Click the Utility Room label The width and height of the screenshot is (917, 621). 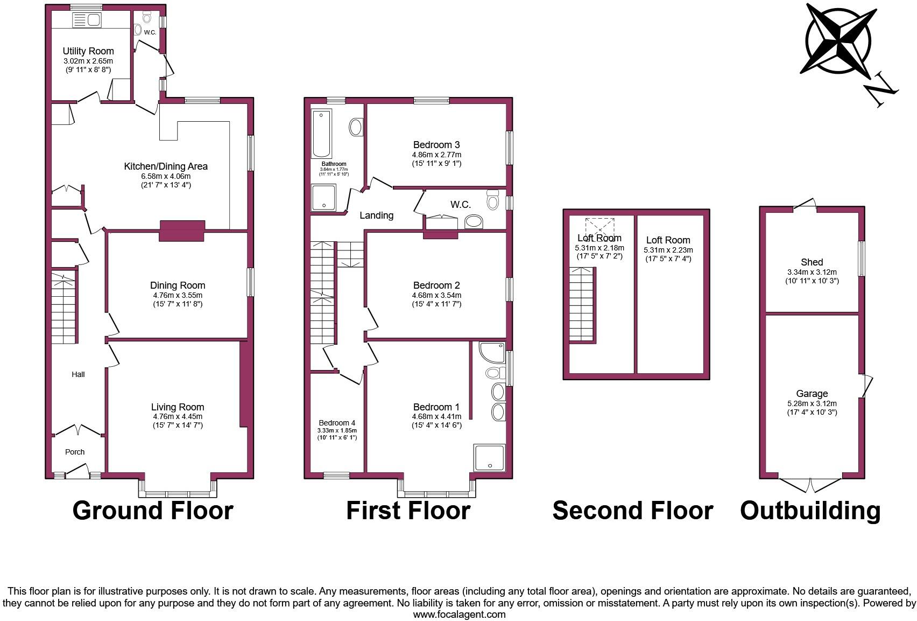click(88, 51)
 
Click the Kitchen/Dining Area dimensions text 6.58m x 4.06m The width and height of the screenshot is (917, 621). click(165, 176)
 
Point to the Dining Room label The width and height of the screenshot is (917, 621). click(177, 285)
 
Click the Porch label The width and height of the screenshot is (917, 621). click(75, 452)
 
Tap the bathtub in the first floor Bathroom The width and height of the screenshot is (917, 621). click(322, 132)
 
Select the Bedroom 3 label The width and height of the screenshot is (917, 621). click(436, 145)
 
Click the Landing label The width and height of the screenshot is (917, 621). click(376, 215)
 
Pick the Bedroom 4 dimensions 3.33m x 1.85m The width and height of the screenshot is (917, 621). click(337, 430)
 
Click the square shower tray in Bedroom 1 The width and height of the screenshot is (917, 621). click(489, 457)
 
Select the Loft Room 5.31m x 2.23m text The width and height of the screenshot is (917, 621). click(668, 250)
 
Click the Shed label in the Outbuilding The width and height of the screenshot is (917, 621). click(812, 262)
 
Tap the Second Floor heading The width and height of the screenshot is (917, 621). click(632, 511)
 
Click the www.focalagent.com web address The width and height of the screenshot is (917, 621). click(459, 615)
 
